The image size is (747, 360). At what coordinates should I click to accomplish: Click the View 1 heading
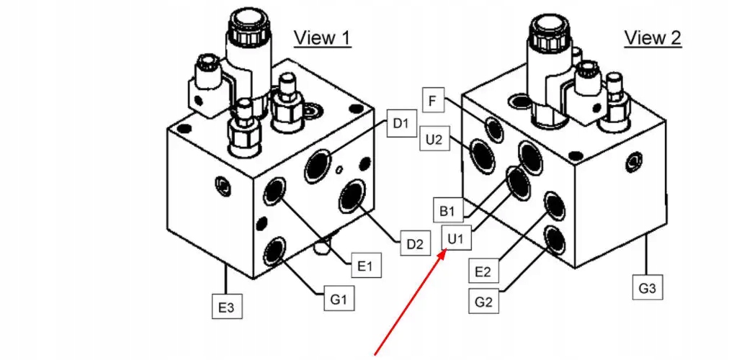coord(322,37)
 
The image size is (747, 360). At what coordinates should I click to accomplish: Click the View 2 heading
coord(652,37)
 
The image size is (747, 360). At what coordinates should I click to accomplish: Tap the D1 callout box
coord(401,124)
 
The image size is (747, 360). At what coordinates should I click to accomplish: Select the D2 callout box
coord(413,243)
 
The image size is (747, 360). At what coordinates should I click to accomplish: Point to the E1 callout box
coord(365,267)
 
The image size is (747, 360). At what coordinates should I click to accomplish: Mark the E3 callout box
coord(226,307)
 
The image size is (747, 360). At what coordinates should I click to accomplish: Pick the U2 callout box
coord(434,140)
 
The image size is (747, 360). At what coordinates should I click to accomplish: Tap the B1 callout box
coord(447,211)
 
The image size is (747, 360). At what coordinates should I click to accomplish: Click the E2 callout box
coord(483,271)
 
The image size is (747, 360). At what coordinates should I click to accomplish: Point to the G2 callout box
coord(483,300)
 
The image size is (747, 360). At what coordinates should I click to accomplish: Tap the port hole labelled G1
coord(274,251)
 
